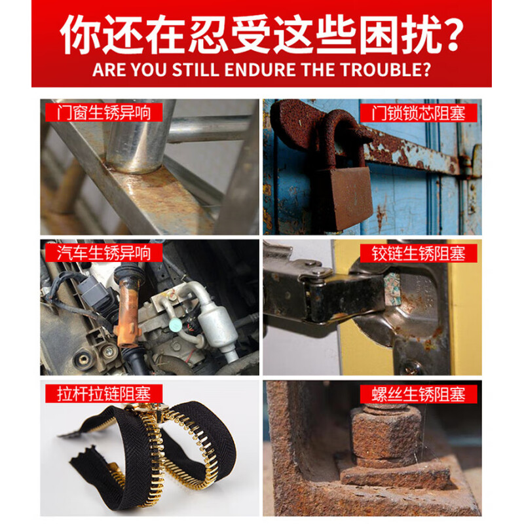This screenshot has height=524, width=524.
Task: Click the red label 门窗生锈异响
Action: (x=98, y=112)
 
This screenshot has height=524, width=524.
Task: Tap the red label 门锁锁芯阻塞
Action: (x=417, y=112)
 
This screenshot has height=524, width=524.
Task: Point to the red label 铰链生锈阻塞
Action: (x=417, y=252)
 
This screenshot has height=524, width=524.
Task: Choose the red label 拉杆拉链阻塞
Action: (x=98, y=394)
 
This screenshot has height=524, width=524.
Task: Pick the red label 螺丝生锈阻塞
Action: (x=417, y=394)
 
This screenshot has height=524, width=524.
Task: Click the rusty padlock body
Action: (x=341, y=196)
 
